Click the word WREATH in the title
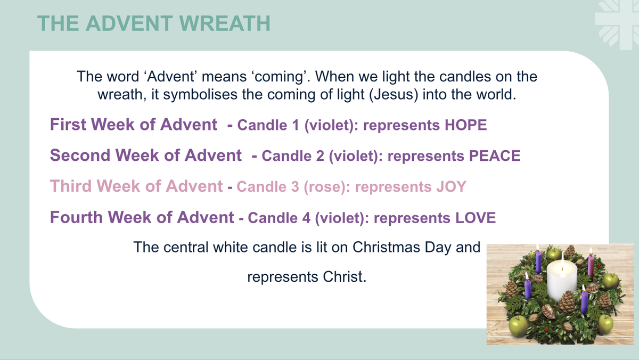(x=225, y=23)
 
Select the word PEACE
(x=495, y=156)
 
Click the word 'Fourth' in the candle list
(x=76, y=217)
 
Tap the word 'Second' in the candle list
(x=80, y=155)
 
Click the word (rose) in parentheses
(x=327, y=187)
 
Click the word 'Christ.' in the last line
(x=345, y=277)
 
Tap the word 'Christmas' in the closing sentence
(x=386, y=247)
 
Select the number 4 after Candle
(x=306, y=218)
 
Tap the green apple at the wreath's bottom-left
(x=518, y=326)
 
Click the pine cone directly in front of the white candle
(x=566, y=301)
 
